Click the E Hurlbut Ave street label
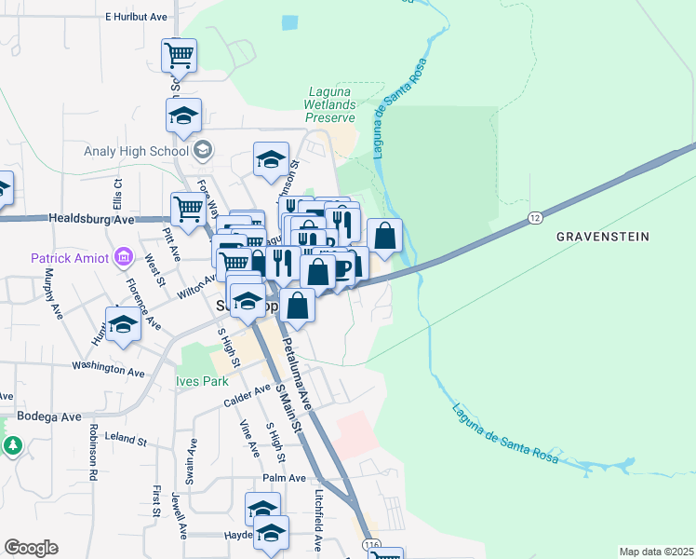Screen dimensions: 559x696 pyautogui.click(x=136, y=17)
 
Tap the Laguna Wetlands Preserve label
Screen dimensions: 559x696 pyautogui.click(x=332, y=105)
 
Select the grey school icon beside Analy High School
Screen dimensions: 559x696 pyautogui.click(x=203, y=150)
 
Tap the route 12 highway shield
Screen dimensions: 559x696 pyautogui.click(x=534, y=217)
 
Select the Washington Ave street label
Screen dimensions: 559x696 pyautogui.click(x=111, y=370)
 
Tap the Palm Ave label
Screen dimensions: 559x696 pyautogui.click(x=284, y=478)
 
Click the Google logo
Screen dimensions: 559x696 pyautogui.click(x=31, y=548)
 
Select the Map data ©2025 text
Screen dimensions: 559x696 pyautogui.click(x=656, y=552)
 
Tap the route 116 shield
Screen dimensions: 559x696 pyautogui.click(x=373, y=542)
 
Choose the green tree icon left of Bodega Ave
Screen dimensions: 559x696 pyautogui.click(x=13, y=446)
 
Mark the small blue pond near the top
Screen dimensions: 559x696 pyautogui.click(x=289, y=21)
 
